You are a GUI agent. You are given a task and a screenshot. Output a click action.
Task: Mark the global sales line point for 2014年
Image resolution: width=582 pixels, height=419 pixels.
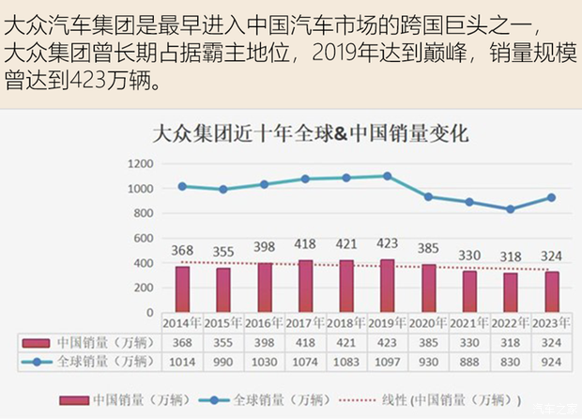tap(182, 186)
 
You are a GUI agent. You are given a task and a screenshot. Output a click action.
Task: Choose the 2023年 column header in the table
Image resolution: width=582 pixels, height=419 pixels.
tap(551, 322)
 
